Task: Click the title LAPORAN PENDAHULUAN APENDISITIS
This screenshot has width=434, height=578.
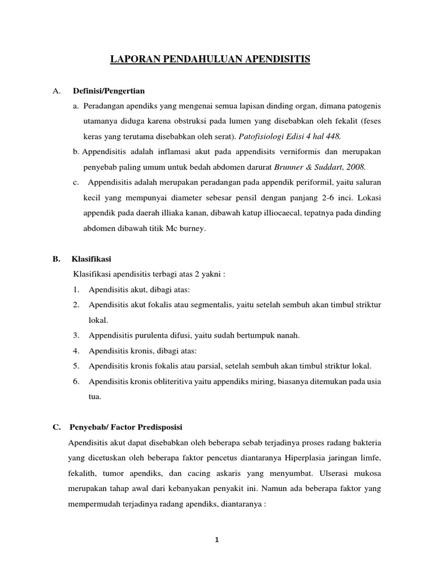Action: pyautogui.click(x=209, y=59)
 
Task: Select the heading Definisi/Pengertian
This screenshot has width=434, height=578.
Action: pyautogui.click(x=108, y=91)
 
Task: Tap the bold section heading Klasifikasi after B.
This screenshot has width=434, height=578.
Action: pyautogui.click(x=92, y=259)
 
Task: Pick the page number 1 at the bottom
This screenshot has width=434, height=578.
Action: pyautogui.click(x=216, y=539)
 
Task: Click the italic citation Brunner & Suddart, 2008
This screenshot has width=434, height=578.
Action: pyautogui.click(x=320, y=167)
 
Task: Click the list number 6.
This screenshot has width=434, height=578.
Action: pyautogui.click(x=76, y=381)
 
